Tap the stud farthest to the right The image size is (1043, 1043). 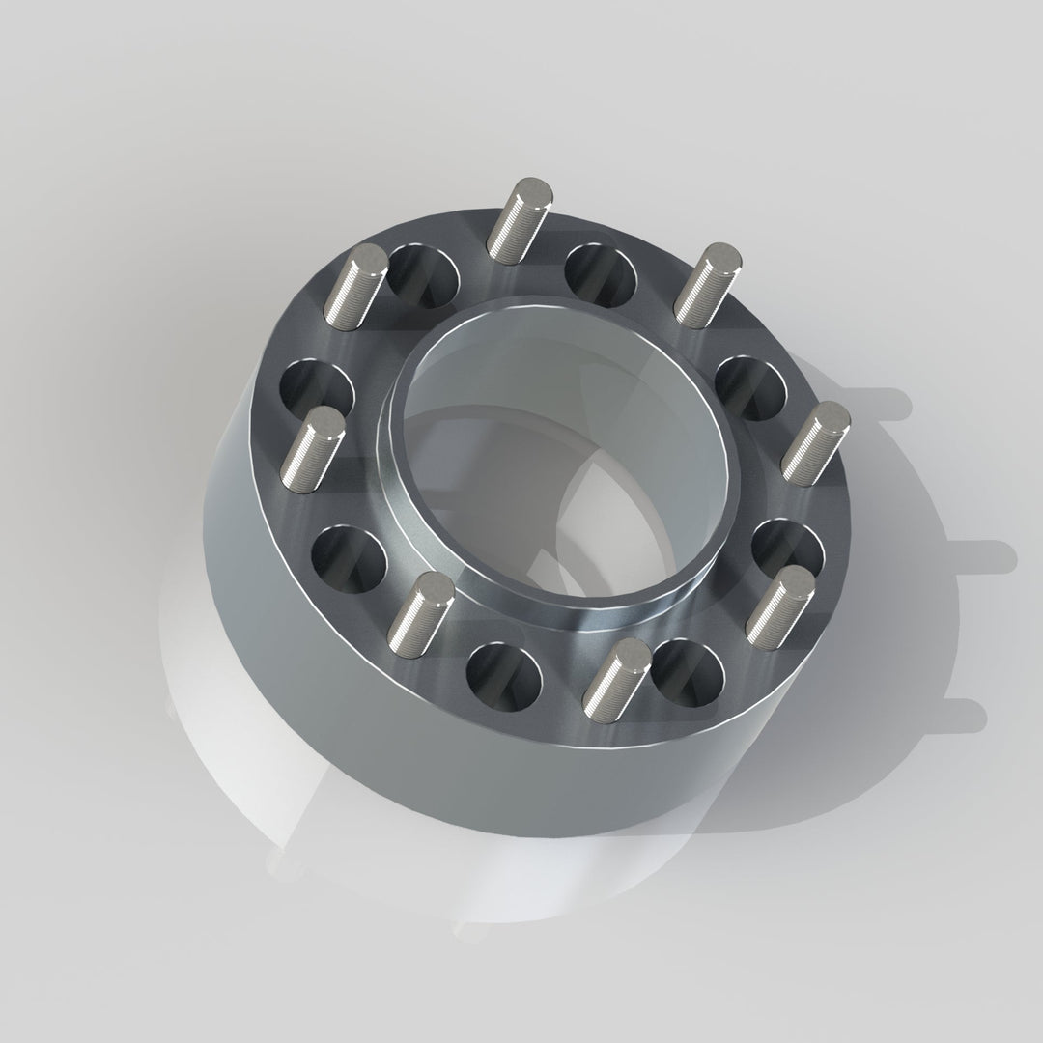tap(817, 441)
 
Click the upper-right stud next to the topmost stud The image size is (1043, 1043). tap(708, 284)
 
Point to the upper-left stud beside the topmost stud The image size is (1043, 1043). tap(355, 286)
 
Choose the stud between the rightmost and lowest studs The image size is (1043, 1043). tap(781, 606)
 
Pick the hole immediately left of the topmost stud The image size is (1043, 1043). tap(423, 273)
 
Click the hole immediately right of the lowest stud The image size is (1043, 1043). tap(688, 672)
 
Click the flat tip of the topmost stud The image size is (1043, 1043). tap(534, 189)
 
